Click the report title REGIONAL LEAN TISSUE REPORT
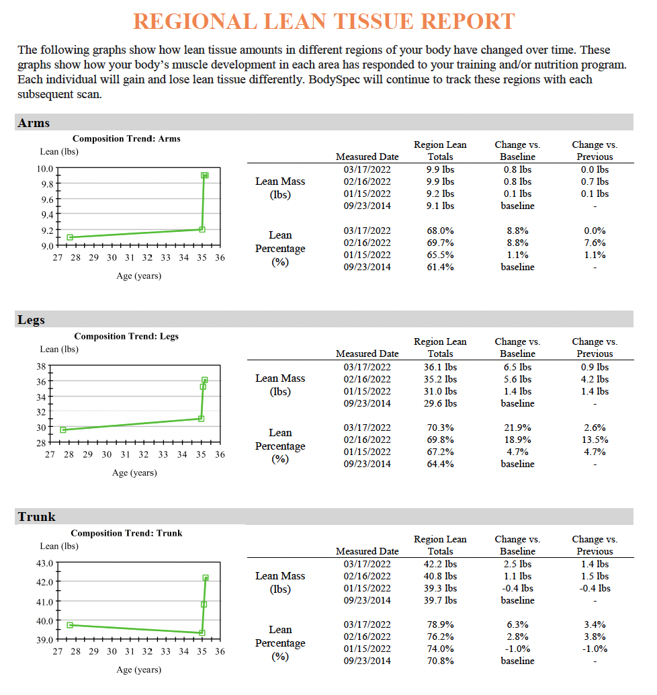point(324,22)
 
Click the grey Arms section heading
point(34,123)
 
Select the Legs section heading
point(31,320)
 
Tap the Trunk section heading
point(37,517)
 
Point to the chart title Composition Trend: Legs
point(126,336)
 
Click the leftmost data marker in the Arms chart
point(70,237)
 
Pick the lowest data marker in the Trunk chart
point(202,633)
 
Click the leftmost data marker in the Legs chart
point(63,430)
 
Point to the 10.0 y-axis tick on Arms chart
point(45,169)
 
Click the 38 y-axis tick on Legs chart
point(41,366)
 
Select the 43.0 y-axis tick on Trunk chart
point(44,563)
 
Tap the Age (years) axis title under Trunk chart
point(138,669)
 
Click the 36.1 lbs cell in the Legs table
point(440,367)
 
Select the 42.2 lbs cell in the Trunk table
point(440,564)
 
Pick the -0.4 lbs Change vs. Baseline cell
point(517,588)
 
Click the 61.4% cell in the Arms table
point(440,267)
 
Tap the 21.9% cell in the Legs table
point(517,427)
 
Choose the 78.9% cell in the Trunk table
point(440,624)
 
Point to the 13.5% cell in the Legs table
point(595,440)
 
